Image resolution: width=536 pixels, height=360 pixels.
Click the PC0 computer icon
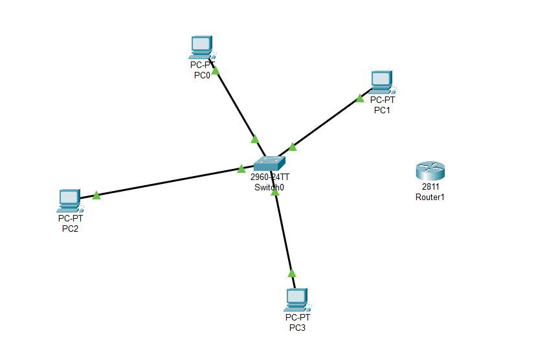(x=202, y=47)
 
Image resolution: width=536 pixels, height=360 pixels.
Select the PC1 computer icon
(x=383, y=82)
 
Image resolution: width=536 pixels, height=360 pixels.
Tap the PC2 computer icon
(x=71, y=201)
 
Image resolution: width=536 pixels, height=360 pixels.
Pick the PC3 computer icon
(x=297, y=300)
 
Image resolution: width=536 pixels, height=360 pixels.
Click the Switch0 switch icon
(x=269, y=163)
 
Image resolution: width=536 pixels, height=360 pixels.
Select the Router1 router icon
(x=430, y=171)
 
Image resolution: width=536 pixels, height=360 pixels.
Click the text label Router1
(x=430, y=197)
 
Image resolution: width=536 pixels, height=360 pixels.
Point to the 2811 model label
(x=430, y=186)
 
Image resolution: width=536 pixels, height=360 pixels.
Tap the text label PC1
(x=382, y=110)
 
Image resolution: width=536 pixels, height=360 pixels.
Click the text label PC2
(x=70, y=229)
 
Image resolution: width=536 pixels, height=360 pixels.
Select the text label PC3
(x=297, y=328)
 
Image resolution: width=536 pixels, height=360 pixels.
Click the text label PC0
(x=202, y=75)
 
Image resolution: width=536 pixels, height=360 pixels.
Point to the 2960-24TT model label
(x=270, y=177)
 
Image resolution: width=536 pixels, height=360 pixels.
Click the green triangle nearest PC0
(x=216, y=71)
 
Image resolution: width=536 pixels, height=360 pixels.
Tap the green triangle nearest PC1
(x=360, y=98)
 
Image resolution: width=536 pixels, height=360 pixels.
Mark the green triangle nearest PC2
(x=96, y=195)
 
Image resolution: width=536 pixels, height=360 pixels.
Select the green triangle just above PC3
(x=291, y=273)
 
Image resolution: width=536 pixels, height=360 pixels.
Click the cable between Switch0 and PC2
(x=167, y=182)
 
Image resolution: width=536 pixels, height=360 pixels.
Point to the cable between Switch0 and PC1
(x=325, y=122)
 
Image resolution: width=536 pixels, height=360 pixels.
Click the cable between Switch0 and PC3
(x=283, y=230)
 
